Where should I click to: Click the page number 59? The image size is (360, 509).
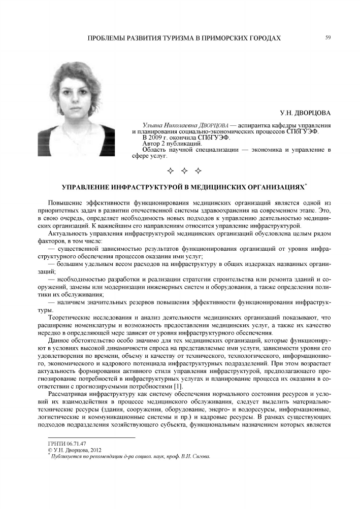[x=328, y=38]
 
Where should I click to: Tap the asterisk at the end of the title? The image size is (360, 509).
[x=306, y=184]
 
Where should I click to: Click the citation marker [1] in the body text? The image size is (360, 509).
[x=178, y=387]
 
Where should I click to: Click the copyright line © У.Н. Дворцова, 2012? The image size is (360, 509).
[x=74, y=449]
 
